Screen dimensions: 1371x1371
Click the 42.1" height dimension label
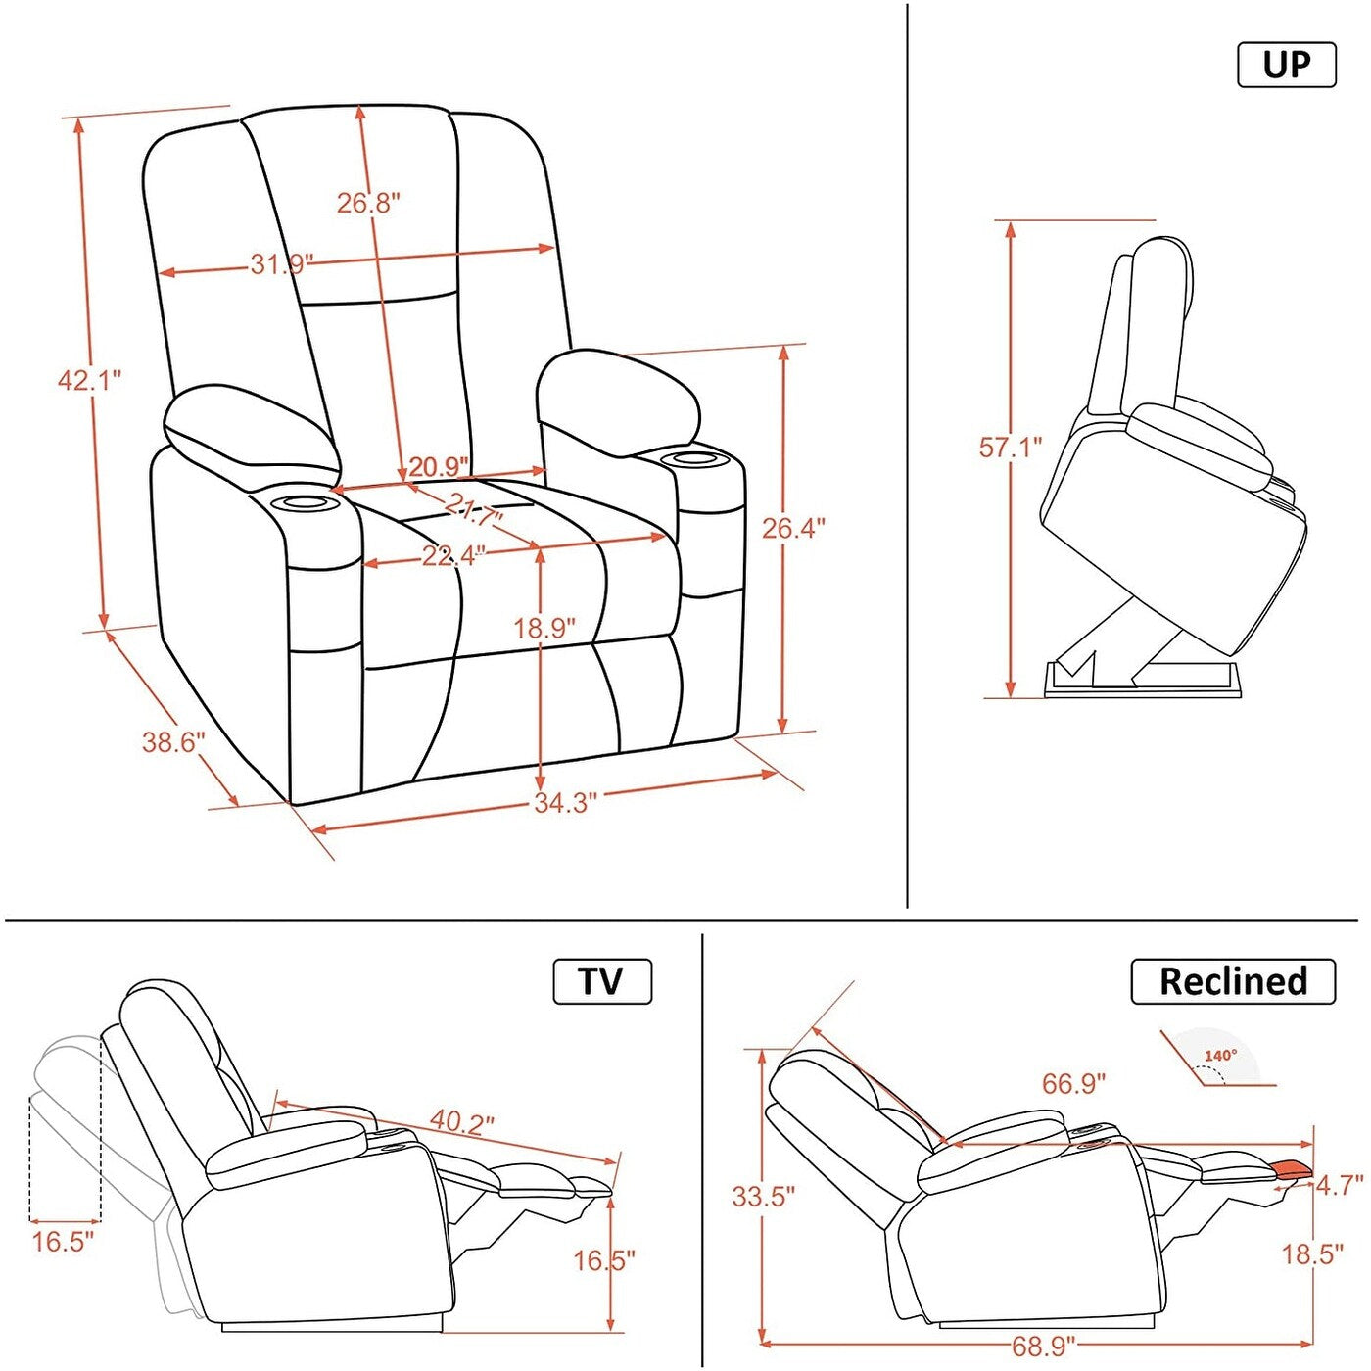point(89,380)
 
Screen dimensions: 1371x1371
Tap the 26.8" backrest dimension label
point(368,203)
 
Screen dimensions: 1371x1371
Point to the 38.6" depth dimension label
point(173,742)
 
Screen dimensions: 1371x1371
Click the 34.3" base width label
point(565,803)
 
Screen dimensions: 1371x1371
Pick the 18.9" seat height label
point(544,628)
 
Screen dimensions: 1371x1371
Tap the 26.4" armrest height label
point(793,529)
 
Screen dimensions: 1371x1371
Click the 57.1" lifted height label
point(1011,448)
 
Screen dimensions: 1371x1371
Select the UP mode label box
point(1287,65)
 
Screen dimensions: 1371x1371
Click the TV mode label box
point(602,981)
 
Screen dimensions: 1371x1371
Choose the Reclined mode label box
point(1233,981)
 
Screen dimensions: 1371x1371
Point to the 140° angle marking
point(1220,1056)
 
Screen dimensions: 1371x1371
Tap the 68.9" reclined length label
point(1043,1347)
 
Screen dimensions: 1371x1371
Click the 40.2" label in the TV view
point(462,1121)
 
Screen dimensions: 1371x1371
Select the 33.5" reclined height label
point(763,1196)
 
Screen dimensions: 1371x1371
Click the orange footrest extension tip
point(1292,1166)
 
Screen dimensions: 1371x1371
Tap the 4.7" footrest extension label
point(1339,1186)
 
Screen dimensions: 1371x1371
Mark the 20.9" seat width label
point(438,467)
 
